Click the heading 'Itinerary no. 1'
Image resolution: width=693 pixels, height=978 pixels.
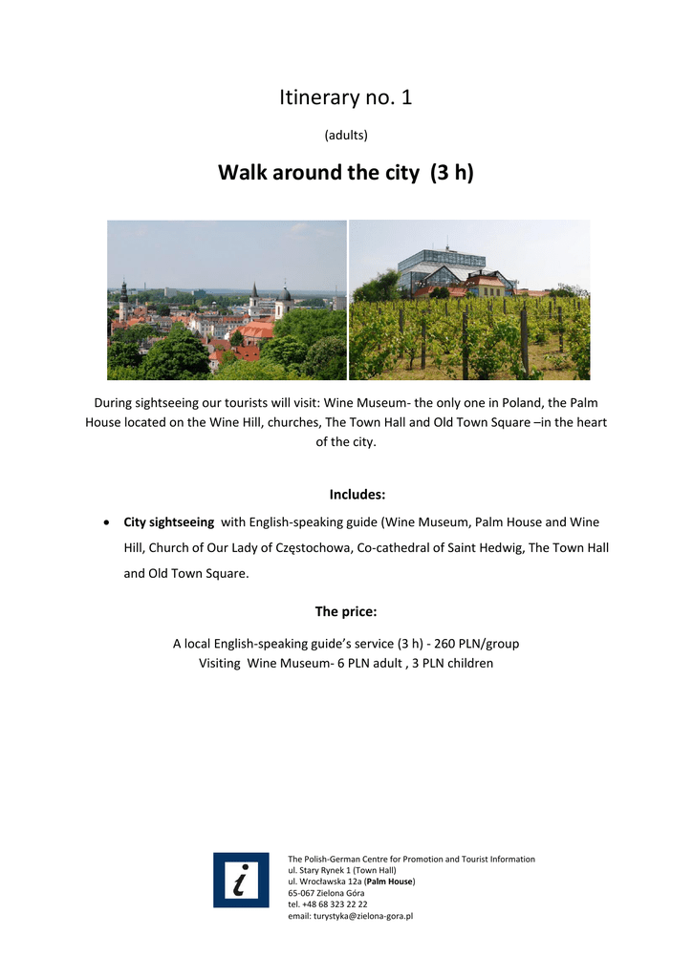[x=346, y=97]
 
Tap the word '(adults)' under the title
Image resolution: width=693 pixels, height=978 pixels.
[x=346, y=136]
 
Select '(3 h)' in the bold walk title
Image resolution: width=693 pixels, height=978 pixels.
[x=451, y=173]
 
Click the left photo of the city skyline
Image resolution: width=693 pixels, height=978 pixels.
[x=227, y=300]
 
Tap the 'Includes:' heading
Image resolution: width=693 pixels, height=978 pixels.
[x=357, y=495]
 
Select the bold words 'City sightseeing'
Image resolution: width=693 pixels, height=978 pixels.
[x=168, y=522]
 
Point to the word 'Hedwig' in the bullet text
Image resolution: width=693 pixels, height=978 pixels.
[x=501, y=548]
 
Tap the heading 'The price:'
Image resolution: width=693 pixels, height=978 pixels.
[x=346, y=611]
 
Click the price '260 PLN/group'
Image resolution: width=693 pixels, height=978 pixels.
[x=476, y=644]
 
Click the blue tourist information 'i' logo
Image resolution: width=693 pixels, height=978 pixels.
[x=241, y=880]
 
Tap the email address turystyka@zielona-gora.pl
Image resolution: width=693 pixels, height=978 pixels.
[x=350, y=916]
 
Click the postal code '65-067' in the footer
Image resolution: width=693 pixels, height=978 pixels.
[x=302, y=893]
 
